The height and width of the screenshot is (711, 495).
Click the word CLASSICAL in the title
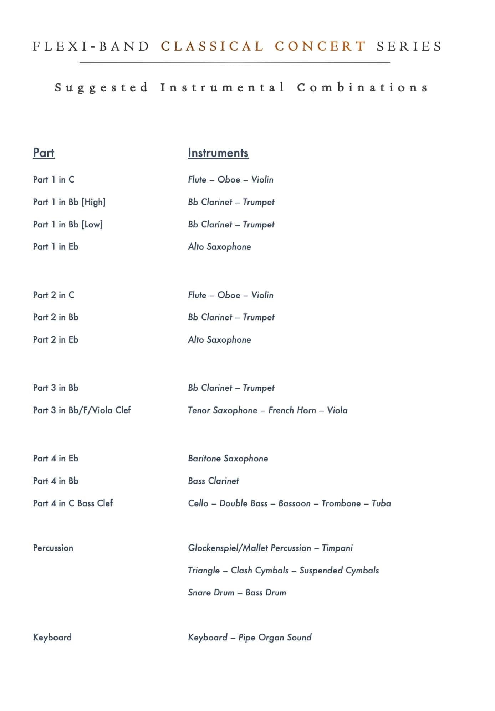pos(212,46)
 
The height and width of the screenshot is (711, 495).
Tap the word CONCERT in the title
pos(320,46)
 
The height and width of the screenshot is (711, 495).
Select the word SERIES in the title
pos(409,46)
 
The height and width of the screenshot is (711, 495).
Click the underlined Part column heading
pos(44,153)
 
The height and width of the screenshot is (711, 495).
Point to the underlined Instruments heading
pos(218,153)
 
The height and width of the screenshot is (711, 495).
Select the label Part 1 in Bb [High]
pos(69,202)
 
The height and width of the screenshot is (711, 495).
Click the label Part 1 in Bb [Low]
pos(68,225)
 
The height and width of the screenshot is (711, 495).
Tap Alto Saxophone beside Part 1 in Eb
pos(219,247)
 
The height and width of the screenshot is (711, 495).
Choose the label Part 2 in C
pos(53,295)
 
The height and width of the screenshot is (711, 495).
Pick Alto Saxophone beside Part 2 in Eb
pos(219,340)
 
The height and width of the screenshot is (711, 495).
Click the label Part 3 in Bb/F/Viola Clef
pos(82,410)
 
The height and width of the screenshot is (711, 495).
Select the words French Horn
pos(292,410)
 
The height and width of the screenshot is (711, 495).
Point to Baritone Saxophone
pos(228,459)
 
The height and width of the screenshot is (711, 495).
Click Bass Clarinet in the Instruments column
pos(213,481)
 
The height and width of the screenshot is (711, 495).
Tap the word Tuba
pos(381,503)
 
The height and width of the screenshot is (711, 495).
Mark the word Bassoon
pos(294,503)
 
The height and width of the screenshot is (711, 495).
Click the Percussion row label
pos(53,548)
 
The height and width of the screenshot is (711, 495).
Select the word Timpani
pos(337,548)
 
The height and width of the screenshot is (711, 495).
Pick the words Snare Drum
pos(211,593)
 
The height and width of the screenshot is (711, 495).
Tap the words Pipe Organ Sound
pos(275,638)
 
